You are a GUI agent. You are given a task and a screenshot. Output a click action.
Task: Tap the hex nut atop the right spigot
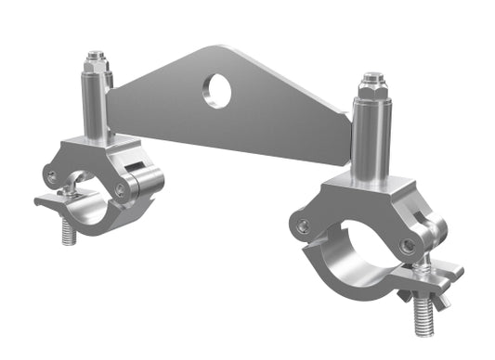tap(371, 84)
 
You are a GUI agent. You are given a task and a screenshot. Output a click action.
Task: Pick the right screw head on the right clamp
tap(408, 245)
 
